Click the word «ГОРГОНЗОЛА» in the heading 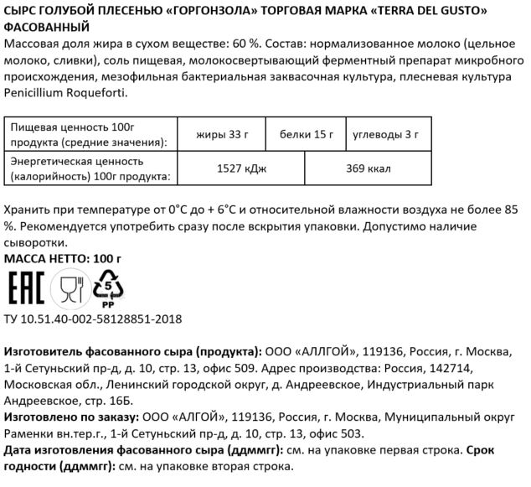[x=224, y=9]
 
